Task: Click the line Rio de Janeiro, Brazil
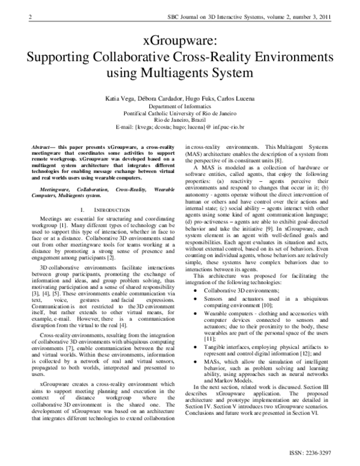tap(180, 120)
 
